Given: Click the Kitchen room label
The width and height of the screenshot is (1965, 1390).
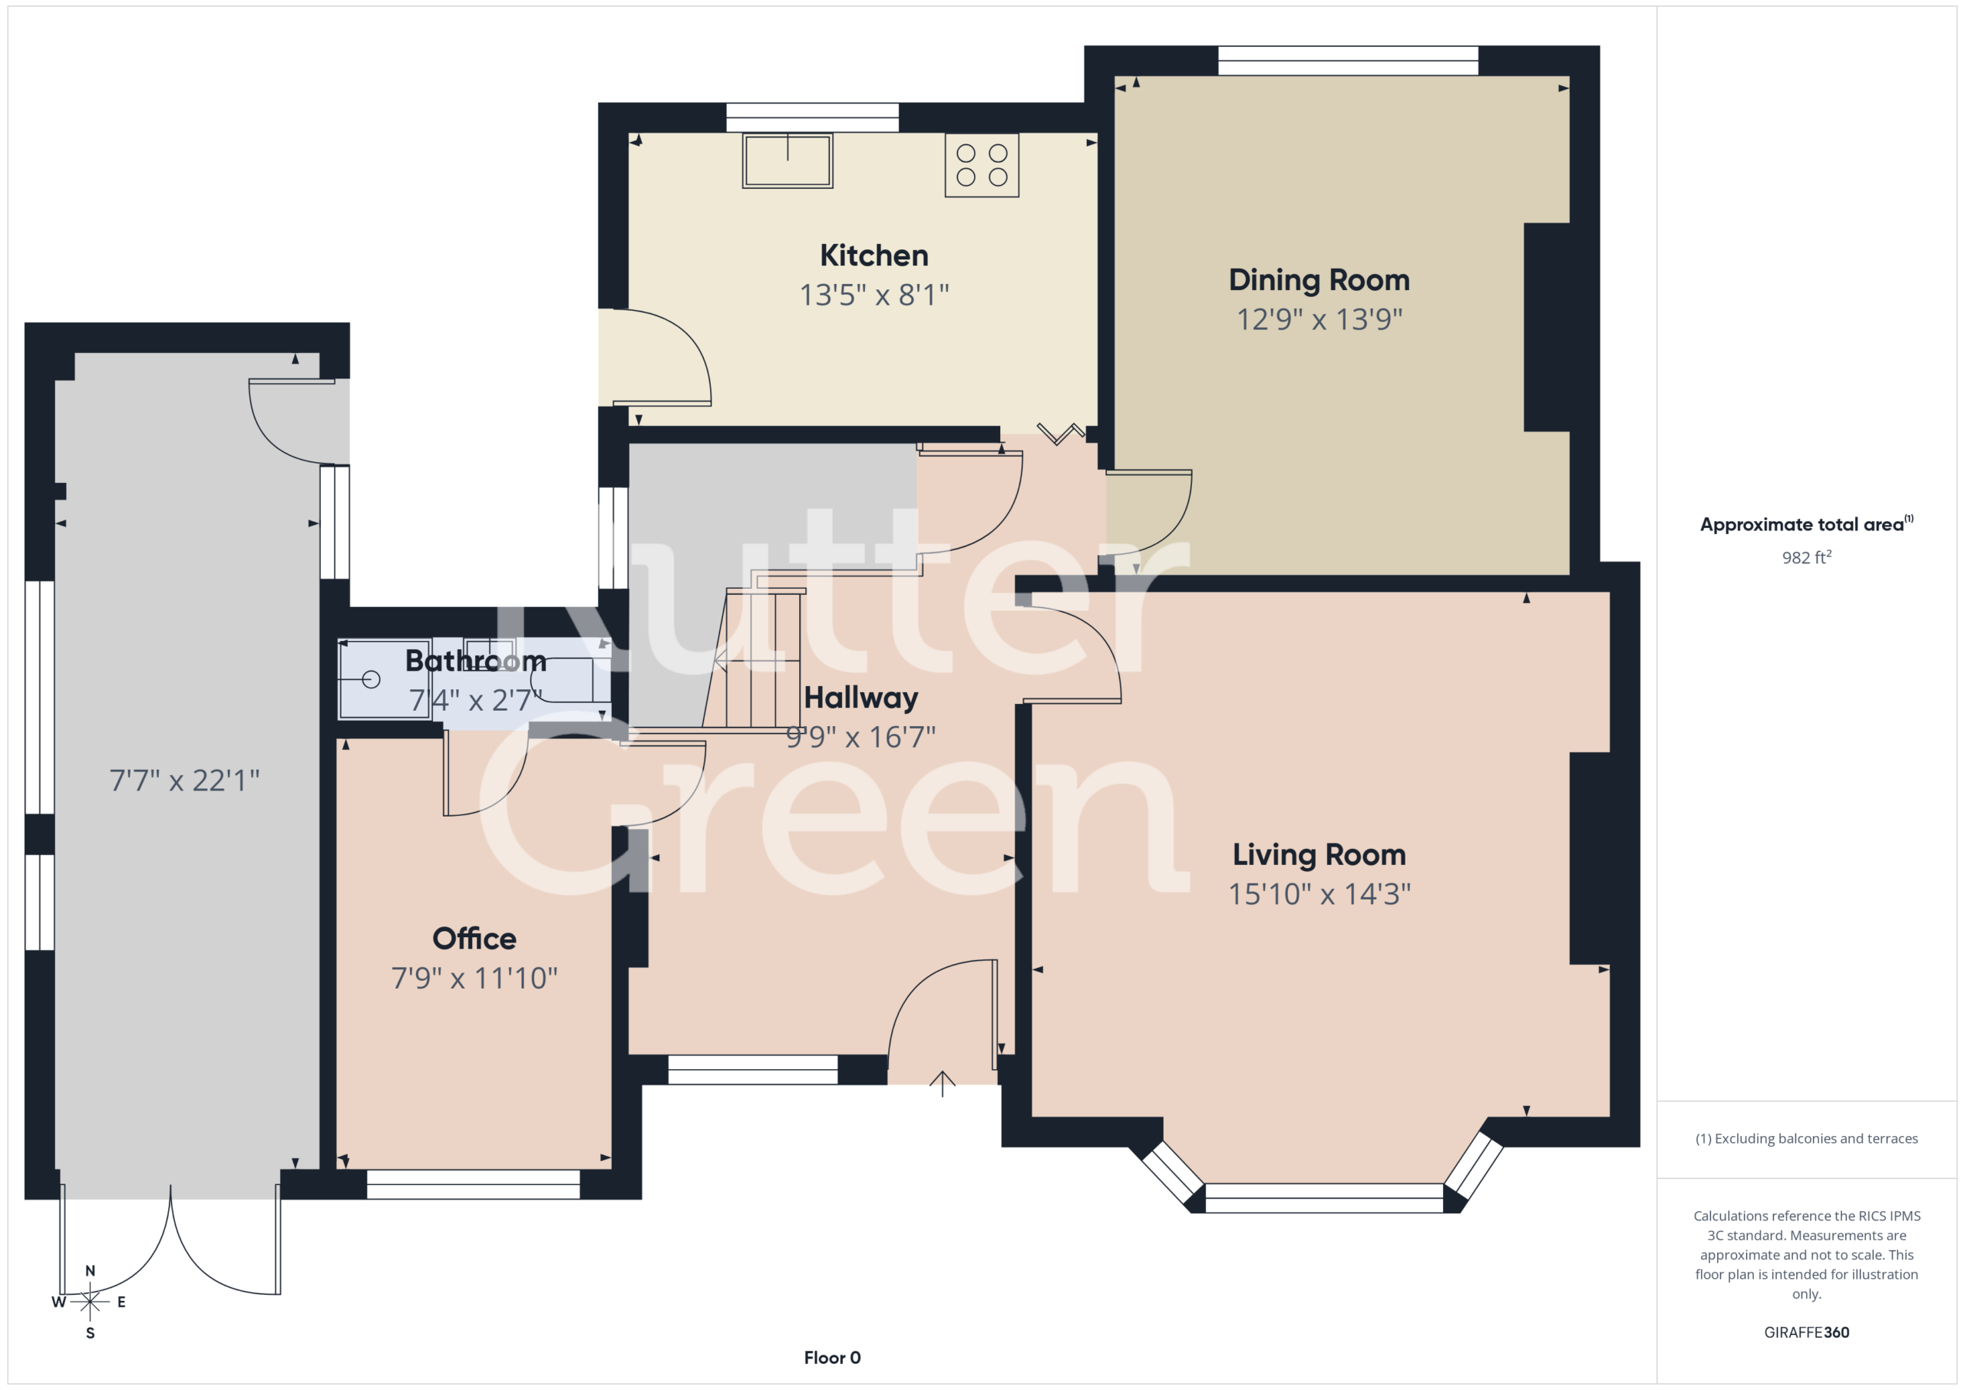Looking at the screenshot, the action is click(874, 255).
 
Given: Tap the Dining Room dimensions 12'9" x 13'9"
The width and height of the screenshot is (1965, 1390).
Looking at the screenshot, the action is click(1319, 319).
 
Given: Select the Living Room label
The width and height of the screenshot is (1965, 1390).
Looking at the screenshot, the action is click(1319, 854).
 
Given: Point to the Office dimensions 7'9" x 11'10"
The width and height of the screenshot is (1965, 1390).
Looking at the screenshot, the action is click(474, 977).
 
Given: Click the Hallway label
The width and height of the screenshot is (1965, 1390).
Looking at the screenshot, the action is click(861, 698).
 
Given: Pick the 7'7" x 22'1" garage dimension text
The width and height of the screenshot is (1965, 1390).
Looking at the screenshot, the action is click(184, 780).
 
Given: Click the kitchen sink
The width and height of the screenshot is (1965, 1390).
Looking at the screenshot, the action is click(788, 160).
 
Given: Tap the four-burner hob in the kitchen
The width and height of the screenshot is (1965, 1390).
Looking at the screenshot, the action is click(982, 165).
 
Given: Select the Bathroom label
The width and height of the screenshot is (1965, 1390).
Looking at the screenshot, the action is click(476, 661).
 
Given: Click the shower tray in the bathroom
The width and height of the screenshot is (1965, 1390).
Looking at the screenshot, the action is click(385, 679).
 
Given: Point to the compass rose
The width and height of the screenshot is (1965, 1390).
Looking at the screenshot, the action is click(90, 1302).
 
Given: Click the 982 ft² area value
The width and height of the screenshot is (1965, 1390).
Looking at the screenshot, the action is click(1806, 557).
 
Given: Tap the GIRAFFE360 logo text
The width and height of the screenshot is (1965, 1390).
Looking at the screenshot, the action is click(1806, 1332).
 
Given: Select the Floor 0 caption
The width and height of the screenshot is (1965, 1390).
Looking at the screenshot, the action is click(832, 1358).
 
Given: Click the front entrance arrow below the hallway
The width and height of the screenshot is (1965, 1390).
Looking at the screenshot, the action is click(943, 1084).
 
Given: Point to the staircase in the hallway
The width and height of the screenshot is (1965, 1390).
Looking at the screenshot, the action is click(753, 659).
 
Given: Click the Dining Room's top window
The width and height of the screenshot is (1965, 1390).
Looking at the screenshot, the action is click(1348, 61).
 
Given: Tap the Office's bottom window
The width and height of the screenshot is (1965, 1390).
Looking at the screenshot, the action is click(474, 1184).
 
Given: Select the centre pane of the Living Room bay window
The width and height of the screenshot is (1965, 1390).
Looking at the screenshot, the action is click(1324, 1198).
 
